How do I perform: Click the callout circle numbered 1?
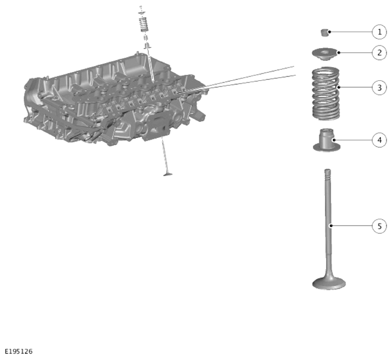pyautogui.click(x=379, y=32)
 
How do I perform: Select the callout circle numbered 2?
pyautogui.click(x=379, y=53)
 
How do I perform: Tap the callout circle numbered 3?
pyautogui.click(x=379, y=88)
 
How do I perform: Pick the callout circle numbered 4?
pyautogui.click(x=379, y=140)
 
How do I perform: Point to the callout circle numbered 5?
pyautogui.click(x=379, y=226)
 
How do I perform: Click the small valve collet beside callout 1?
pyautogui.click(x=324, y=33)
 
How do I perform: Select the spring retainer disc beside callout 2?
pyautogui.click(x=325, y=54)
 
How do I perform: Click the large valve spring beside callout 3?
pyautogui.click(x=326, y=93)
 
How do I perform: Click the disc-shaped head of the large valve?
pyautogui.click(x=329, y=284)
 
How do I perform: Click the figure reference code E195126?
pyautogui.click(x=19, y=352)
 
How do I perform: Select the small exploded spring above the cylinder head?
pyautogui.click(x=144, y=25)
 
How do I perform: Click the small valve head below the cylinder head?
pyautogui.click(x=168, y=174)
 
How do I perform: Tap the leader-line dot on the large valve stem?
pyautogui.click(x=331, y=226)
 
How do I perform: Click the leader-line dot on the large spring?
pyautogui.click(x=339, y=88)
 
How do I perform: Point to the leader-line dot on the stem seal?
pyautogui.click(x=334, y=140)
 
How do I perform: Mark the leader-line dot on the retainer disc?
pyautogui.click(x=339, y=53)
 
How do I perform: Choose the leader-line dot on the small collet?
pyautogui.click(x=330, y=32)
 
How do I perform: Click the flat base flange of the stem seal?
pyautogui.click(x=327, y=147)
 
